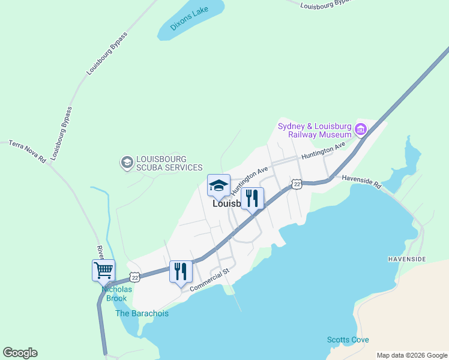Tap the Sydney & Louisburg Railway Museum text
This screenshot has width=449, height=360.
tap(314, 130)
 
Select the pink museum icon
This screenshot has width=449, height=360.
tap(361, 129)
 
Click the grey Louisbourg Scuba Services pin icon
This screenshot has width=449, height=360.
tap(127, 163)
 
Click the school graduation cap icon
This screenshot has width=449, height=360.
tap(218, 185)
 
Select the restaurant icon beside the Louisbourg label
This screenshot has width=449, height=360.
tap(252, 197)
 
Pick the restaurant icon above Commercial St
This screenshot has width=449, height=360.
tap(181, 271)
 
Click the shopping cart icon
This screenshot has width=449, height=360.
tap(103, 270)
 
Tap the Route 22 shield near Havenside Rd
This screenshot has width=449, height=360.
tap(297, 184)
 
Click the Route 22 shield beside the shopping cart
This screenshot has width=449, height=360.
tap(135, 277)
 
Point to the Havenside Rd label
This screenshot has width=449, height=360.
tap(361, 182)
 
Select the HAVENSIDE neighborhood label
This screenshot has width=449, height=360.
tap(408, 259)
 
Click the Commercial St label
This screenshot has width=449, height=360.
tap(210, 280)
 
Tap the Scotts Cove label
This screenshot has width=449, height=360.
tap(348, 340)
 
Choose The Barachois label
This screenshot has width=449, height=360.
tap(142, 313)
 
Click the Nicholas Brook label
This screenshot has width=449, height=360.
tap(116, 293)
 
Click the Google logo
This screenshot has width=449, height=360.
tap(20, 353)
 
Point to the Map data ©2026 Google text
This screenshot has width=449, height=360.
tap(411, 355)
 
